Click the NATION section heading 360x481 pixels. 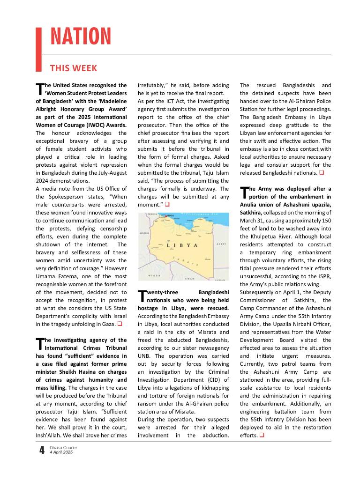tap(80, 37)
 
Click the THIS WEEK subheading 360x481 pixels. tap(73, 68)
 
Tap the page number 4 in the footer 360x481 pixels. tap(42, 450)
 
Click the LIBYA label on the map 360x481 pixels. tap(183, 245)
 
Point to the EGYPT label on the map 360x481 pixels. tap(221, 244)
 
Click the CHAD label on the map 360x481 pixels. tap(190, 278)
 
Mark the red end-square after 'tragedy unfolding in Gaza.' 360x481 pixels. tap(120, 324)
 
